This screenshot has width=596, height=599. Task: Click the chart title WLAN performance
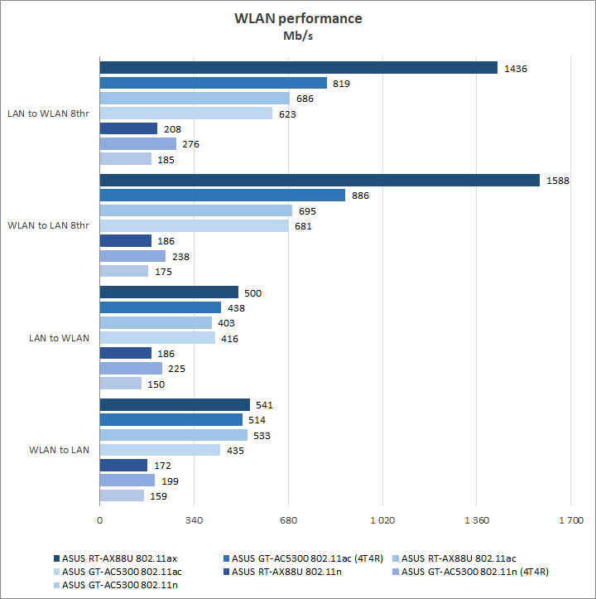pyautogui.click(x=297, y=18)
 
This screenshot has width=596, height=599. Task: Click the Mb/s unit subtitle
pyautogui.click(x=298, y=36)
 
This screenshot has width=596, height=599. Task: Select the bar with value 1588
pyautogui.click(x=320, y=181)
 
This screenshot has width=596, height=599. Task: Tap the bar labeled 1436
pyautogui.click(x=298, y=68)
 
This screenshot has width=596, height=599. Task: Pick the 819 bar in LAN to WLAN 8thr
pyautogui.click(x=214, y=83)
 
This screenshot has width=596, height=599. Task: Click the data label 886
pyautogui.click(x=359, y=196)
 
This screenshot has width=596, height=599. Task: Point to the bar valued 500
pyautogui.click(x=169, y=292)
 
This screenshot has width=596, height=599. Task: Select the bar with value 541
pyautogui.click(x=175, y=404)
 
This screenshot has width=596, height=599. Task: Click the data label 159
pyautogui.click(x=157, y=496)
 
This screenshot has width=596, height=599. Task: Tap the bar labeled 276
pyautogui.click(x=138, y=143)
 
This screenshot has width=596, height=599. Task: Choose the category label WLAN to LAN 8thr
pyautogui.click(x=48, y=225)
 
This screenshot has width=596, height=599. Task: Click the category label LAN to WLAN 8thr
pyautogui.click(x=48, y=114)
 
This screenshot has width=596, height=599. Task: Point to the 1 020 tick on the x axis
pyautogui.click(x=382, y=521)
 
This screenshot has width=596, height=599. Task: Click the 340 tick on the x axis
pyautogui.click(x=194, y=521)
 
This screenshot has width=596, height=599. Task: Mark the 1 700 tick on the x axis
pyautogui.click(x=570, y=521)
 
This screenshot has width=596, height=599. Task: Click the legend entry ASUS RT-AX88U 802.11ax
pyautogui.click(x=113, y=558)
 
